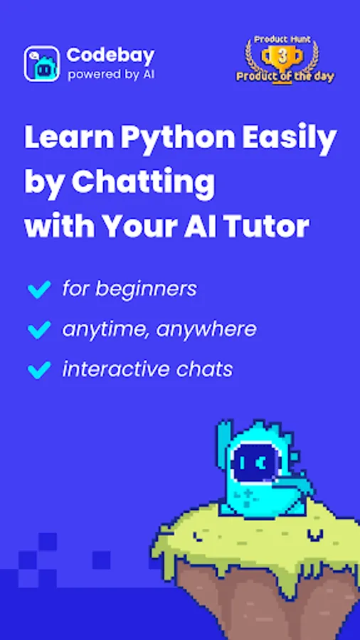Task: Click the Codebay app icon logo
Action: coord(42,64)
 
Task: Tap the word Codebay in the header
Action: coord(110,55)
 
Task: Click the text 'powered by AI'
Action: coord(112,75)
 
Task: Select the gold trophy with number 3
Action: coord(282,57)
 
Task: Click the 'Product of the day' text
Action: coord(285,76)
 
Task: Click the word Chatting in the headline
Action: coord(143,183)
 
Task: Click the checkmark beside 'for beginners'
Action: coord(39,289)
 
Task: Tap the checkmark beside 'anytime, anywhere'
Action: coord(39,329)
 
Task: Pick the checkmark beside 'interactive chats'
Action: coord(39,370)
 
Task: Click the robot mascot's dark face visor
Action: coord(253,464)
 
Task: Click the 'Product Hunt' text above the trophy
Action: coord(282,40)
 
